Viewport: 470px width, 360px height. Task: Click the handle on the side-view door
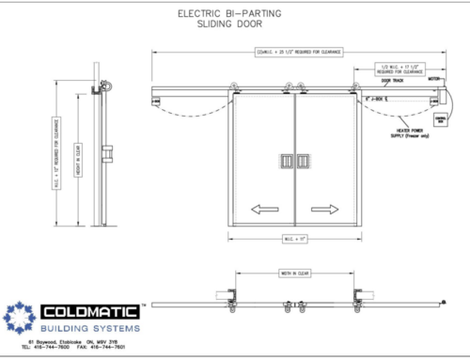pos(110,149)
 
